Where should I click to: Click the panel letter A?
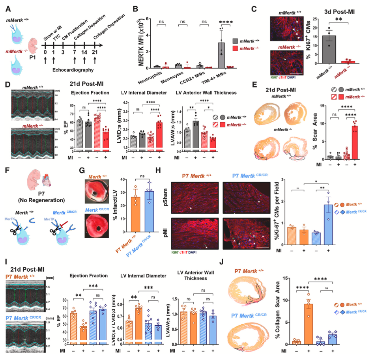point(8,7)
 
